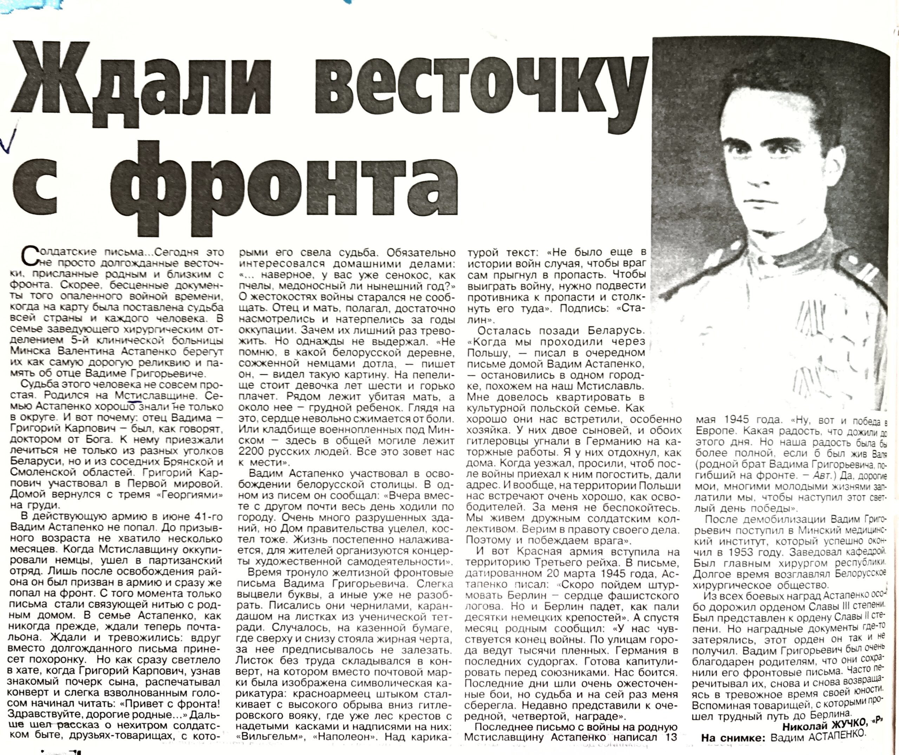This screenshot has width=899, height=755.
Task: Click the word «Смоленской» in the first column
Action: click(42, 473)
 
